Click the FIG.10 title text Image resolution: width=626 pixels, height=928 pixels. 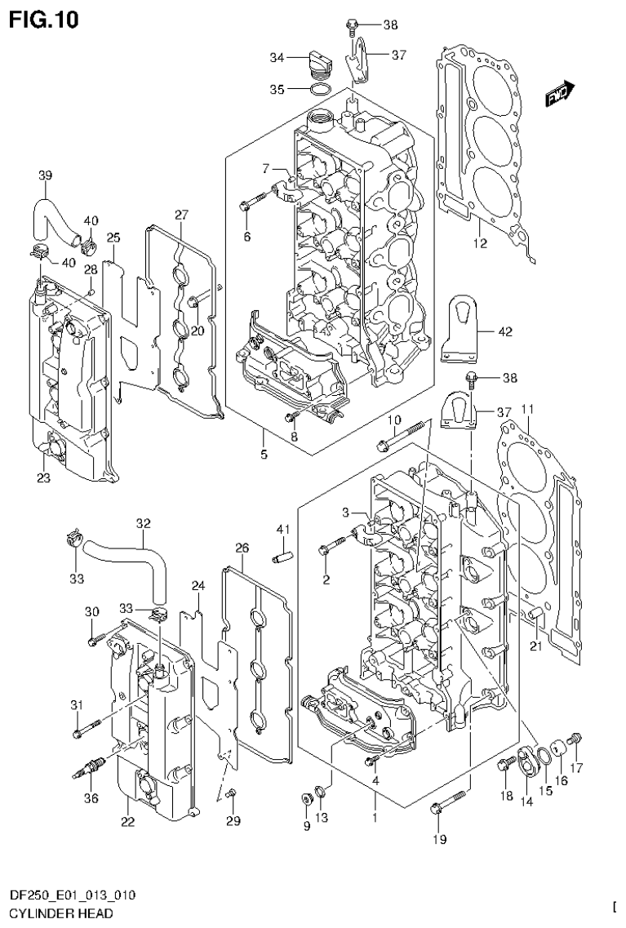[44, 20]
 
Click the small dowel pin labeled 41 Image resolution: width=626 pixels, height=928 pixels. [281, 554]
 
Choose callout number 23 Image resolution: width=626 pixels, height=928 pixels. [43, 478]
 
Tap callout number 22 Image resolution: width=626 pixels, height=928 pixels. [127, 821]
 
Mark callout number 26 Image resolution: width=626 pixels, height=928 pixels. [242, 546]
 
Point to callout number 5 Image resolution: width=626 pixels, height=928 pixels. [264, 454]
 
